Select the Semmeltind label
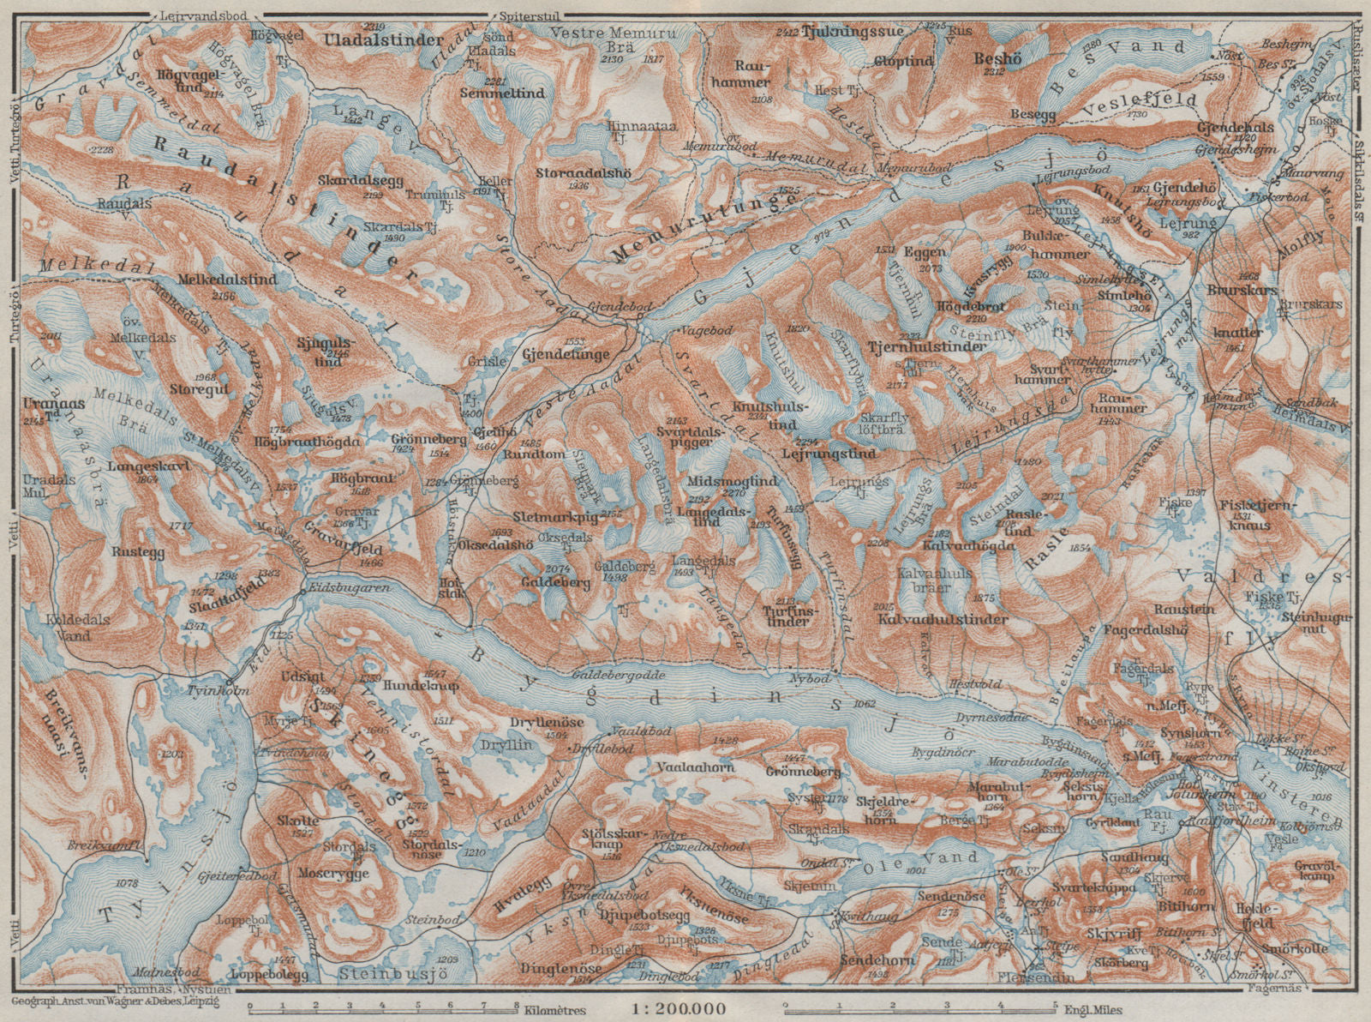[494, 92]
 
